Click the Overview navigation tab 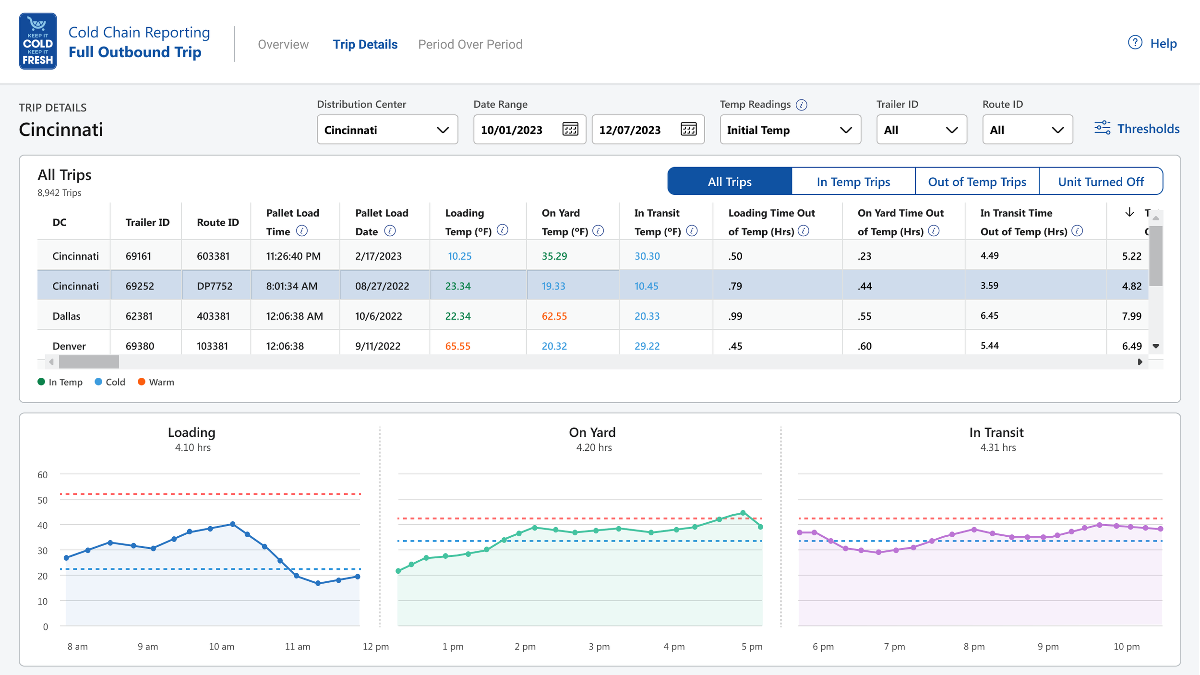pyautogui.click(x=283, y=44)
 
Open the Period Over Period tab pyautogui.click(x=470, y=44)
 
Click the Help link pyautogui.click(x=1152, y=43)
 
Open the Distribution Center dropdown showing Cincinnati pyautogui.click(x=387, y=129)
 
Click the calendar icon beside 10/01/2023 pyautogui.click(x=570, y=129)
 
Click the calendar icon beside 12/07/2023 pyautogui.click(x=688, y=129)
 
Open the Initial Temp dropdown pyautogui.click(x=790, y=129)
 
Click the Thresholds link pyautogui.click(x=1137, y=128)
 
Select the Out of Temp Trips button pyautogui.click(x=977, y=181)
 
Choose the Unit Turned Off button pyautogui.click(x=1101, y=181)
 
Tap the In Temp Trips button pyautogui.click(x=853, y=181)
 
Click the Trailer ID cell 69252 pyautogui.click(x=140, y=286)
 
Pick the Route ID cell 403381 pyautogui.click(x=213, y=316)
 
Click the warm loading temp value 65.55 pyautogui.click(x=457, y=346)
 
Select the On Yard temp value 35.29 pyautogui.click(x=554, y=256)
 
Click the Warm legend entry pyautogui.click(x=156, y=382)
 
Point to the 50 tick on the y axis pyautogui.click(x=43, y=500)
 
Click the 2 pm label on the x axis pyautogui.click(x=525, y=647)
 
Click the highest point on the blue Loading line pyautogui.click(x=232, y=524)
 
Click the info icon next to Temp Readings pyautogui.click(x=801, y=105)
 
